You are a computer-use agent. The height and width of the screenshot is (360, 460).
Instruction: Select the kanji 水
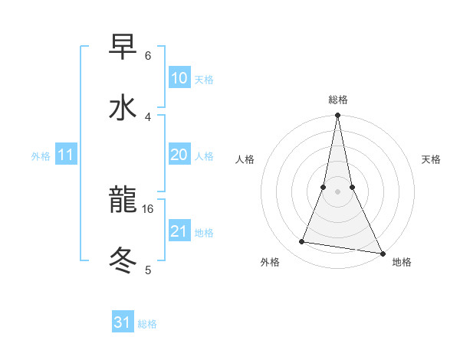pyautogui.click(x=123, y=108)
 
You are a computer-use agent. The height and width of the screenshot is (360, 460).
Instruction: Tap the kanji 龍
pyautogui.click(x=123, y=201)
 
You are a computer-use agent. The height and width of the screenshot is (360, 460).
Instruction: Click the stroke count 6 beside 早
pyautogui.click(x=148, y=56)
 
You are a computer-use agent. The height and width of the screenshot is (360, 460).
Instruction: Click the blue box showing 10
pyautogui.click(x=179, y=78)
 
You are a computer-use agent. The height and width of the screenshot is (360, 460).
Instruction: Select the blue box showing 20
pyautogui.click(x=179, y=155)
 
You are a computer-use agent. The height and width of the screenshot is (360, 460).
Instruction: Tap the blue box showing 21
pyautogui.click(x=179, y=231)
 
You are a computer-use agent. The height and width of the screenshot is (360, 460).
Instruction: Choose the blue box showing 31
pyautogui.click(x=123, y=323)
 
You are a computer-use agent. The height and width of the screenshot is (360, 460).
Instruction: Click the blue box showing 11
pyautogui.click(x=66, y=155)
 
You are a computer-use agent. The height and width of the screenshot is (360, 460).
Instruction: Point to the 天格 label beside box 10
pyautogui.click(x=203, y=79)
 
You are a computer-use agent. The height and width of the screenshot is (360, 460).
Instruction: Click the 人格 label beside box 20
pyautogui.click(x=203, y=155)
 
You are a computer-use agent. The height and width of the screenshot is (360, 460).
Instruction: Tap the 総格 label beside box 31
pyautogui.click(x=147, y=324)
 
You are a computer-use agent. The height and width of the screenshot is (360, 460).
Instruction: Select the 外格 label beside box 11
pyautogui.click(x=41, y=156)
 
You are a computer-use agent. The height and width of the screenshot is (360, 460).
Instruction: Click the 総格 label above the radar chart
pyautogui.click(x=338, y=100)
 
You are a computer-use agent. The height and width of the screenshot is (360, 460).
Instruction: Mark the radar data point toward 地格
pyautogui.click(x=381, y=253)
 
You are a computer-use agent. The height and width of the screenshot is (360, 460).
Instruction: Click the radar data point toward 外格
pyautogui.click(x=302, y=242)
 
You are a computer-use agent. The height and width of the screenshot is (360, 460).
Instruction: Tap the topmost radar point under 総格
pyautogui.click(x=337, y=116)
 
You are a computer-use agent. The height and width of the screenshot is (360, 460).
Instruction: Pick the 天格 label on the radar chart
pyautogui.click(x=432, y=159)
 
